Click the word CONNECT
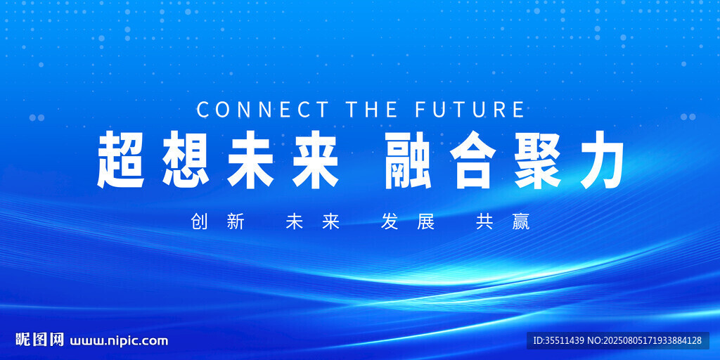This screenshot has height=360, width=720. (263, 110)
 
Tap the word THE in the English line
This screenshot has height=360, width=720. (372, 110)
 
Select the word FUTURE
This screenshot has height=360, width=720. (470, 110)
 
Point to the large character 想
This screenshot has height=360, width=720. (186, 160)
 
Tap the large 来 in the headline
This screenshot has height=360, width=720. (316, 160)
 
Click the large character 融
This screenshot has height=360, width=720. (409, 160)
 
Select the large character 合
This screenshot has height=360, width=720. (473, 160)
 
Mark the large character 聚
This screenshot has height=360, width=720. (538, 160)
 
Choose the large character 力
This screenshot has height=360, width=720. (602, 160)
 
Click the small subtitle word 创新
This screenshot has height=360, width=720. (218, 222)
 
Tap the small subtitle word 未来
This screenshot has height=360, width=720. (313, 222)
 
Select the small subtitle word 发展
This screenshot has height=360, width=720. (408, 222)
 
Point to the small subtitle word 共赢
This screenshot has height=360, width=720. (503, 222)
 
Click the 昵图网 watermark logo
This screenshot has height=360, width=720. (39, 340)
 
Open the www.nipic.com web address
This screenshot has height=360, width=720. (119, 341)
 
